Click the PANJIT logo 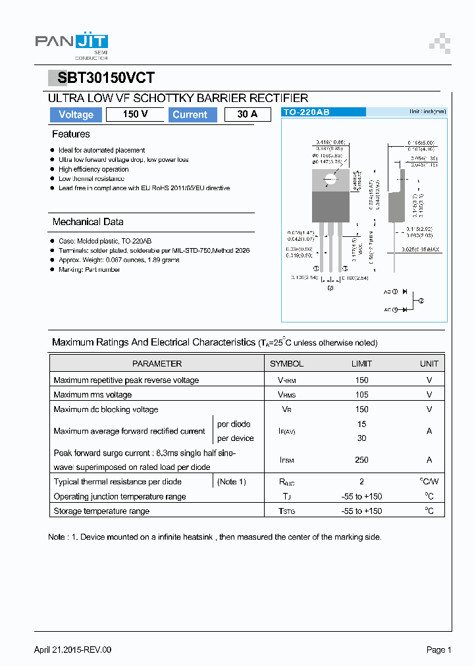tap(71, 43)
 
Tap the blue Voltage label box tap(76, 115)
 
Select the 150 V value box tap(134, 115)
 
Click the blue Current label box tap(190, 115)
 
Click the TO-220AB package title tap(306, 113)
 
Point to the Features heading tap(71, 134)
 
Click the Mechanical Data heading tap(88, 222)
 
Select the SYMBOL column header tap(286, 363)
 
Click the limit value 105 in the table tap(361, 395)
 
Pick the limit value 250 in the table tap(361, 460)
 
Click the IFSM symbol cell tap(286, 461)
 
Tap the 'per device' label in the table tap(235, 438)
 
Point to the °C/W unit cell tap(429, 482)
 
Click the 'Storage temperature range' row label tap(101, 511)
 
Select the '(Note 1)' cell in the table tap(232, 482)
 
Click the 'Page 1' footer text tap(438, 650)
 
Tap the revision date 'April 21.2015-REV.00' tap(72, 650)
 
